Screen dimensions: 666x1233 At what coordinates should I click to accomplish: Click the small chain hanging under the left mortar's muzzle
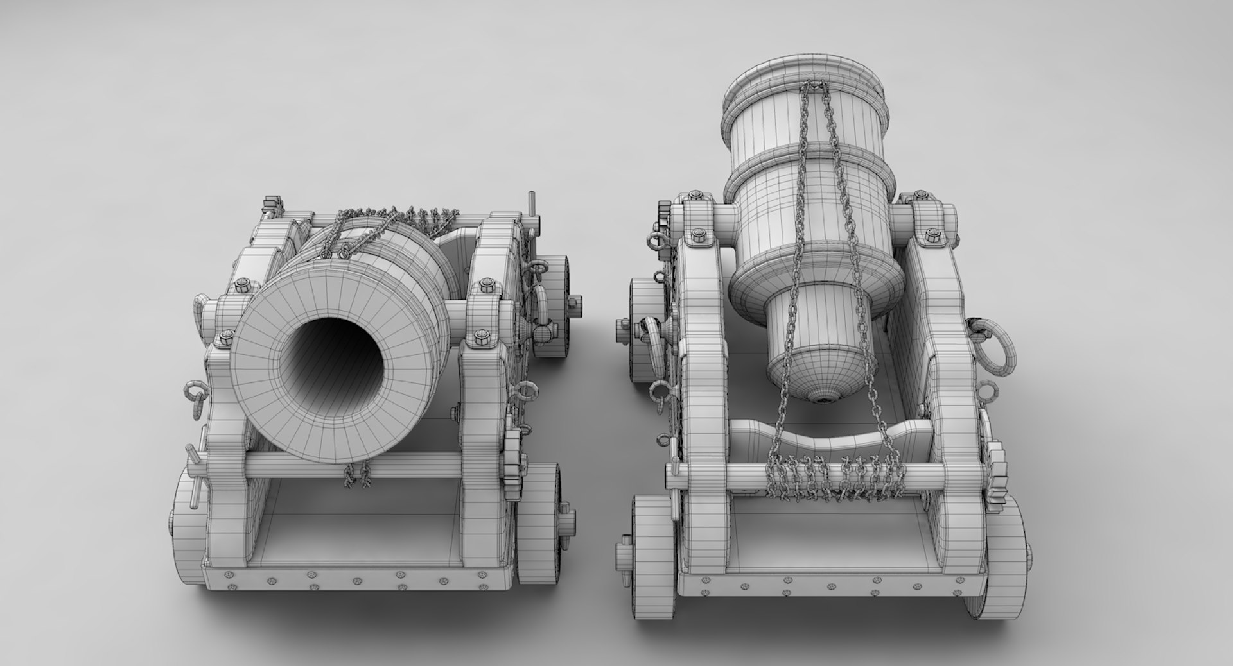click(357, 475)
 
